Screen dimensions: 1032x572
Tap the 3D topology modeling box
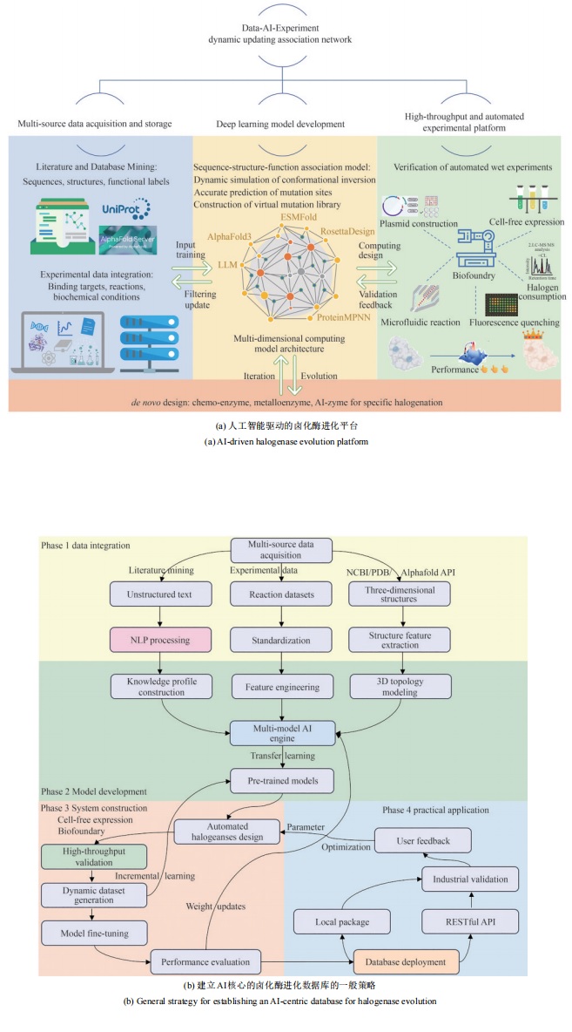(400, 687)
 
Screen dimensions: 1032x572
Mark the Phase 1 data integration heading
(85, 545)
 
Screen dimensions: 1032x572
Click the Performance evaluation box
(205, 963)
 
